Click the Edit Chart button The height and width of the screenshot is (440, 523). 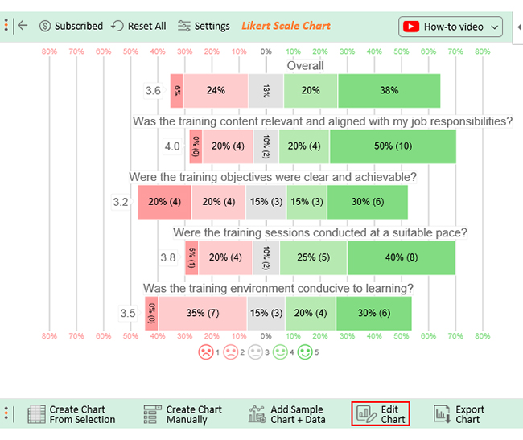(381, 414)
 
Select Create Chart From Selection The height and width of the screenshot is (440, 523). (72, 414)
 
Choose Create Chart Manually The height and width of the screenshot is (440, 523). (183, 414)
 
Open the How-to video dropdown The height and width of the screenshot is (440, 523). (451, 27)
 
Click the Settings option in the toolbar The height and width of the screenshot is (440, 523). (204, 26)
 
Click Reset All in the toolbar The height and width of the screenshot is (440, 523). (138, 26)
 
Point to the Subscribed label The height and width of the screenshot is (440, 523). (71, 26)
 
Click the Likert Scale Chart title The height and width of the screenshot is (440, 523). (286, 26)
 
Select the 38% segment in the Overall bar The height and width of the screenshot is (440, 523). (389, 91)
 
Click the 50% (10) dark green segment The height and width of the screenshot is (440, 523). (393, 146)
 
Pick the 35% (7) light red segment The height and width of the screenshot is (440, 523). (202, 313)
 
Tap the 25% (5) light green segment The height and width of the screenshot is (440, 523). (313, 257)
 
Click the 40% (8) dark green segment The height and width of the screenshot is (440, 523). (401, 257)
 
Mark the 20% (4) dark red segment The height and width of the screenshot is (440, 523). (164, 202)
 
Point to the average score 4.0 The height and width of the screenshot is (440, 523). (172, 146)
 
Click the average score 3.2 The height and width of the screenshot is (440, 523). (121, 202)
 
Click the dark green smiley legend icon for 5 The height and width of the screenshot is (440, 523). (305, 352)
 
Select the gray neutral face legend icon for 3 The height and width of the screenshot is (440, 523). (256, 352)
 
